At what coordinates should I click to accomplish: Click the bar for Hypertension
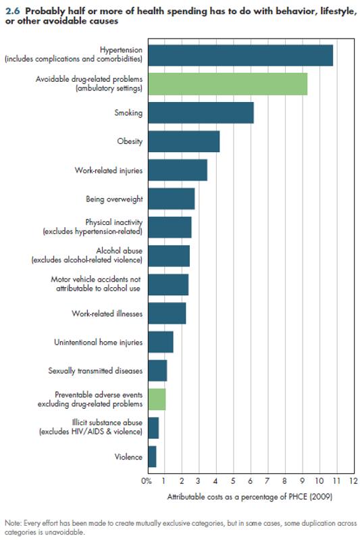coord(240,55)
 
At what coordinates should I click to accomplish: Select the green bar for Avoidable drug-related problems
coord(227,84)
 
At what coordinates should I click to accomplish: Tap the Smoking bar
coord(201,113)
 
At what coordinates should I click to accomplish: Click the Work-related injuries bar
coord(177,170)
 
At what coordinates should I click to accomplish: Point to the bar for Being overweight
coord(171,199)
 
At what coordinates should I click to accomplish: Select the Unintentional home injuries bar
coord(160,342)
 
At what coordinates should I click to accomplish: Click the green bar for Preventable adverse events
coord(156,399)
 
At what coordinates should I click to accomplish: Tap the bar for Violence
coord(152,457)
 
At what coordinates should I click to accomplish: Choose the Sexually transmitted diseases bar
coord(157,371)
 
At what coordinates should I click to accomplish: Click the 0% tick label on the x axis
coord(147,481)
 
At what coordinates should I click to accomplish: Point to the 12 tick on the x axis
coord(353,481)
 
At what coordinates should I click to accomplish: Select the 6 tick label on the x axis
coord(251,481)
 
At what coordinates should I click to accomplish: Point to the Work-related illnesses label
coord(107,314)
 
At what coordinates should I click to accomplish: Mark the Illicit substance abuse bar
coord(153,428)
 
